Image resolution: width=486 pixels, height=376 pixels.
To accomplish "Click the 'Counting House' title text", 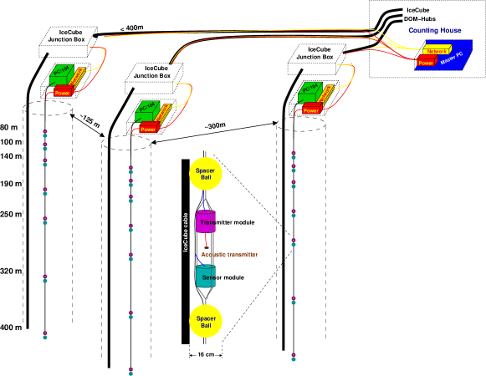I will tap(434, 30).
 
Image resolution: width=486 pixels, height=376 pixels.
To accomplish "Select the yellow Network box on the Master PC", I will tap(437, 52).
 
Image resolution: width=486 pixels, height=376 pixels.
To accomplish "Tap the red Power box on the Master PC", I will tap(426, 63).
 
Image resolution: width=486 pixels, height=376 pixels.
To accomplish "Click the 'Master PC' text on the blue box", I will tap(451, 59).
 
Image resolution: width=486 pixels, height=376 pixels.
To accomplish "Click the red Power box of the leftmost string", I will tap(63, 93).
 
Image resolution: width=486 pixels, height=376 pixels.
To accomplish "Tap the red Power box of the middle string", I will tap(149, 129).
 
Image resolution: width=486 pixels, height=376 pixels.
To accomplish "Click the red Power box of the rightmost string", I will tap(311, 110).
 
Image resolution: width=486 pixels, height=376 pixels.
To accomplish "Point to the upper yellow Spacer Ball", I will tap(206, 174).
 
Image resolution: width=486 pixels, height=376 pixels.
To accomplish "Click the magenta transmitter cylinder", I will tap(206, 222).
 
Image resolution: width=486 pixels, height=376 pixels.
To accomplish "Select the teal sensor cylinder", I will tap(206, 277).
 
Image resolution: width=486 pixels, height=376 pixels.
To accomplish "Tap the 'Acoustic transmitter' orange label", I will tap(229, 255).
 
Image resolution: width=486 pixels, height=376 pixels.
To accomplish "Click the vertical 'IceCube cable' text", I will tap(186, 231).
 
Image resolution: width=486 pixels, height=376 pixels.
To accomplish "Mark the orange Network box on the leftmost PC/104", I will tap(78, 76).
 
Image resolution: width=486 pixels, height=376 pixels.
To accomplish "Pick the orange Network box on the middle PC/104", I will tap(164, 112).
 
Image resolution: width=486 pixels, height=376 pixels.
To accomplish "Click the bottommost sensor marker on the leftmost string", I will tap(45, 335).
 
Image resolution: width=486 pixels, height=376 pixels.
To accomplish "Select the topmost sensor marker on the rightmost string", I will tap(294, 155).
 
